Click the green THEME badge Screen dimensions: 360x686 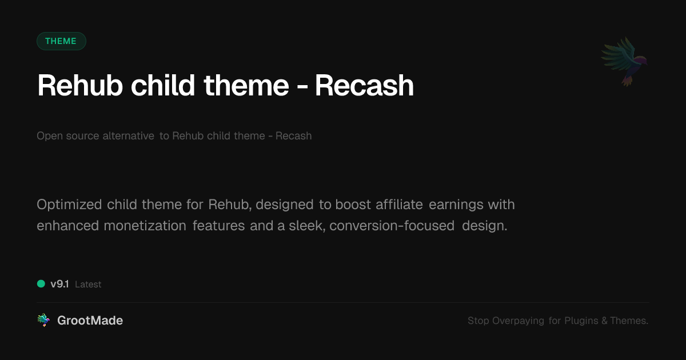61,41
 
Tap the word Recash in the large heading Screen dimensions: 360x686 364,86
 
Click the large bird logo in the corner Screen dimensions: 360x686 624,61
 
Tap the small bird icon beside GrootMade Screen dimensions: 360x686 43,321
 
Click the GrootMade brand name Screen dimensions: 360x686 90,321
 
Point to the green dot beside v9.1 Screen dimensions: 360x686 41,283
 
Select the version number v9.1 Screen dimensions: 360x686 59,284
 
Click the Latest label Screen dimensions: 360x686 88,284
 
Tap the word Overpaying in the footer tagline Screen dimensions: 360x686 519,321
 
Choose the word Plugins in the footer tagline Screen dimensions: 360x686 581,321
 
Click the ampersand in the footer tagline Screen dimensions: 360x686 604,321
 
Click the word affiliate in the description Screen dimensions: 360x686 400,205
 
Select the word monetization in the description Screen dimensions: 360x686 145,226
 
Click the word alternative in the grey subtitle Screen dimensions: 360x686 128,136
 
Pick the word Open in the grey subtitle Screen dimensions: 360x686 47,136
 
